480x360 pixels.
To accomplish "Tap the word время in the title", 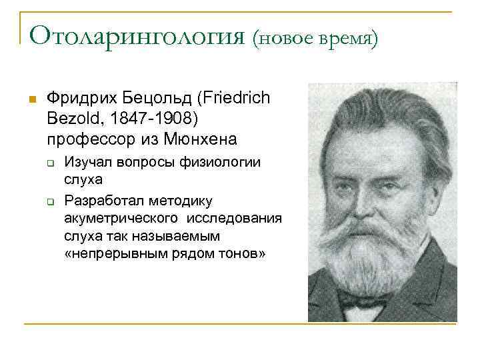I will point(345,39).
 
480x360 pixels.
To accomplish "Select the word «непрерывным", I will point(116,254).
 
